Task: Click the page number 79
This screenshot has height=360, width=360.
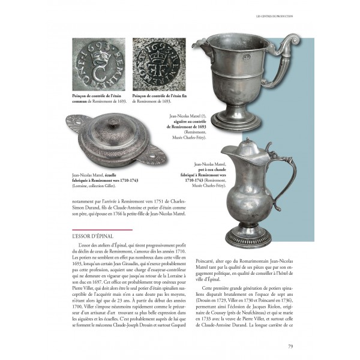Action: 290,346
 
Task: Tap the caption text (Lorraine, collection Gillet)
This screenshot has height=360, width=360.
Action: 92,187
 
